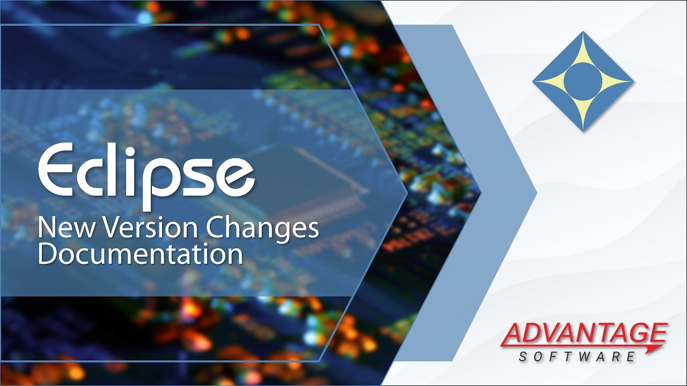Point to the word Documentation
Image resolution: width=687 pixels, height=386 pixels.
click(x=140, y=254)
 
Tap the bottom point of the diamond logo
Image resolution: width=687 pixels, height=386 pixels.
click(x=583, y=131)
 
